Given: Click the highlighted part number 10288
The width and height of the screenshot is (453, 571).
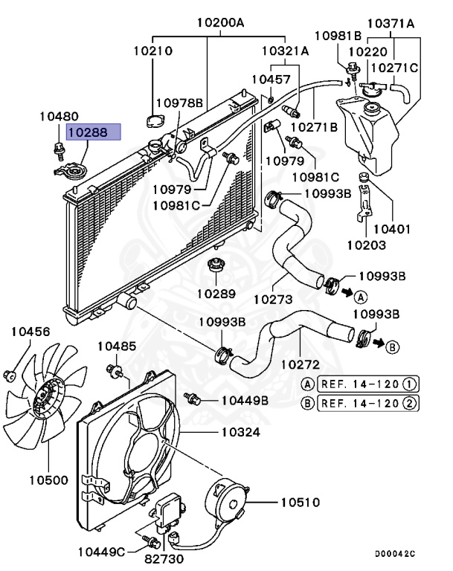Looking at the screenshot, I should click(x=88, y=132).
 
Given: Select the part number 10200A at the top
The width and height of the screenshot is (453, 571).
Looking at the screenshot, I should click(x=220, y=23).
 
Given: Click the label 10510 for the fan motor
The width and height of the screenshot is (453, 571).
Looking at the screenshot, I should click(x=300, y=502).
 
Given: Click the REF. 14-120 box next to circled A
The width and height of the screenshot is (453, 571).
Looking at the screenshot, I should click(x=367, y=384).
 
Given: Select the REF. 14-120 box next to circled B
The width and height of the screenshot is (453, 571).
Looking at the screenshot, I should click(x=367, y=404).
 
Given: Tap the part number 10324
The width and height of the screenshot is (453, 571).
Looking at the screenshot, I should click(x=241, y=431).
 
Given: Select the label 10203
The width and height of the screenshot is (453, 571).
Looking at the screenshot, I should click(x=367, y=244).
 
